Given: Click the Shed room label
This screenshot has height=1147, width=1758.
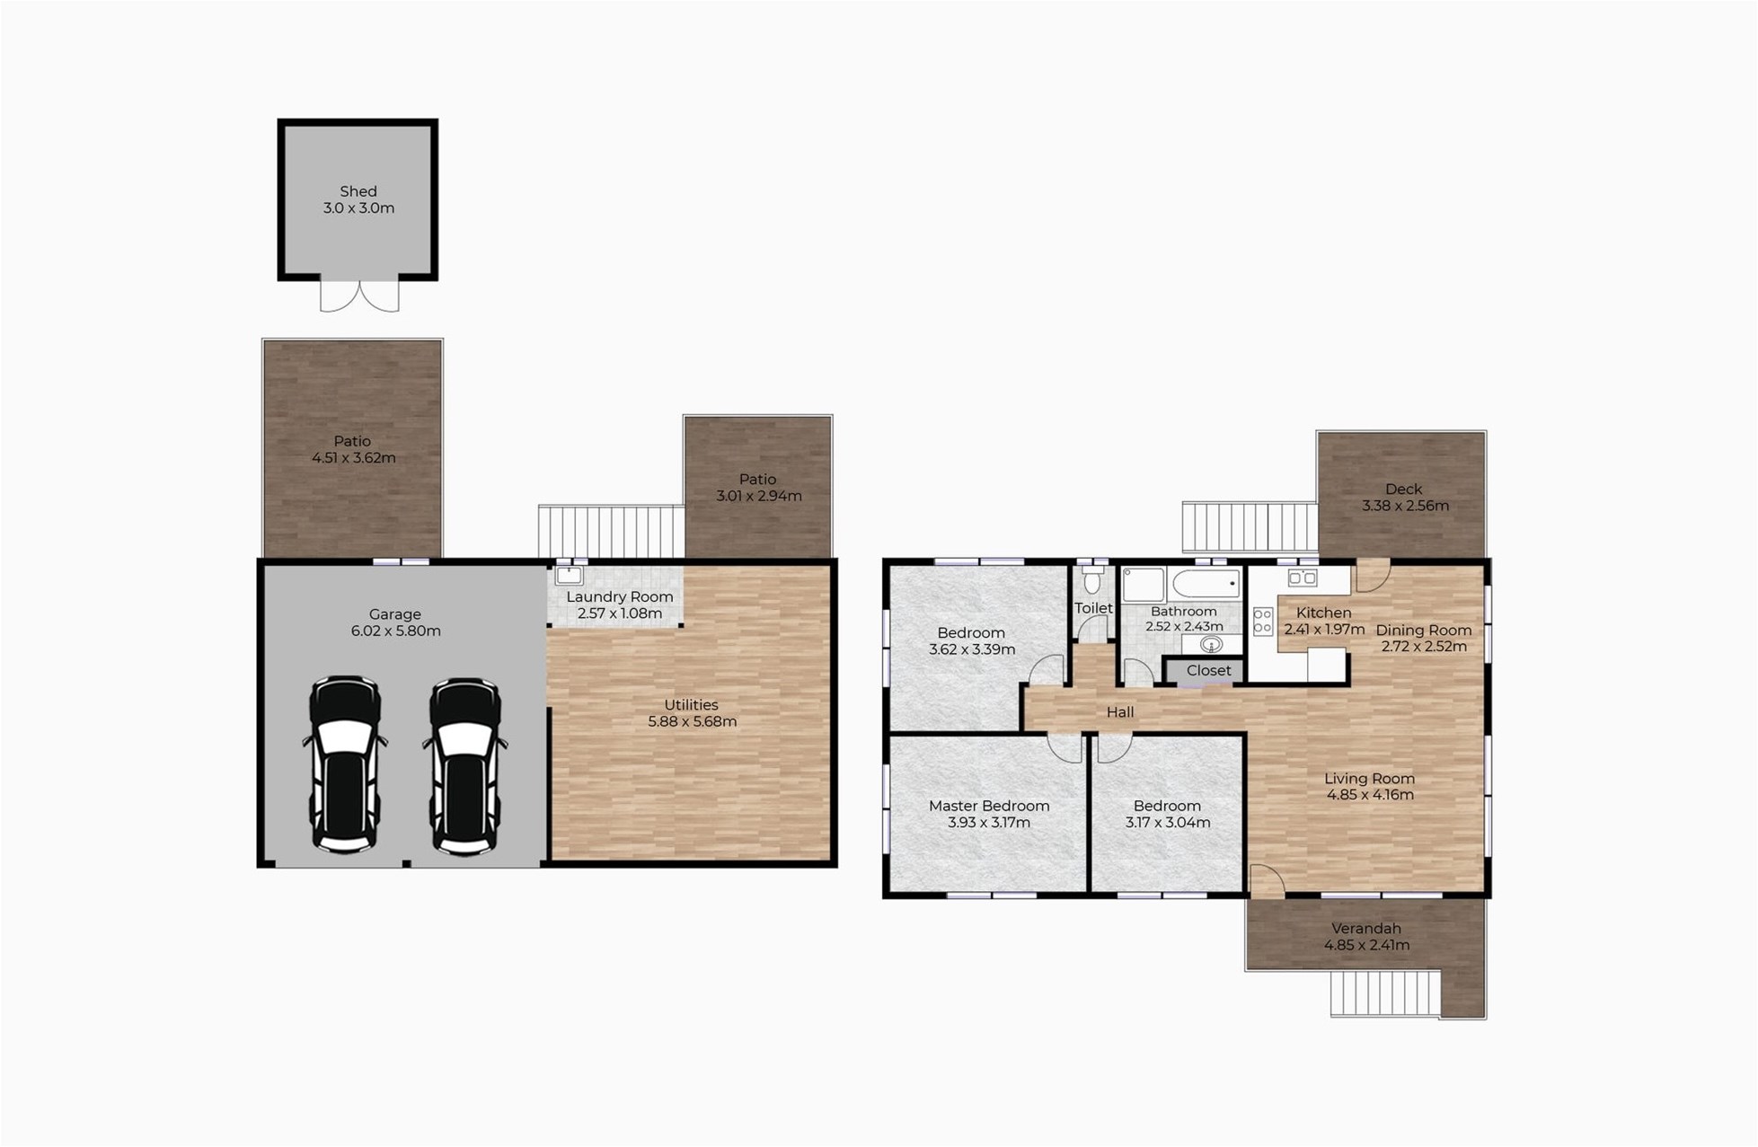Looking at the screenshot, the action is click(x=358, y=191).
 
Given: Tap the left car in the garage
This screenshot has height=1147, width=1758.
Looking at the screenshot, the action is click(x=346, y=764).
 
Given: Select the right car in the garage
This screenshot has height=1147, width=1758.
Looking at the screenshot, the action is click(x=465, y=765).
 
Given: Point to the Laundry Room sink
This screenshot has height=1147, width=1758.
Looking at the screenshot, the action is click(x=570, y=575).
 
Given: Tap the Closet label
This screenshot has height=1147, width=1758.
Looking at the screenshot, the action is click(x=1208, y=670).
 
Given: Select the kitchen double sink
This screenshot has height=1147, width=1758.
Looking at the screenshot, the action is click(x=1303, y=578).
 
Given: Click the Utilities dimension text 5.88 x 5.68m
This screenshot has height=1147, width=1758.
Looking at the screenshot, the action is click(x=692, y=721).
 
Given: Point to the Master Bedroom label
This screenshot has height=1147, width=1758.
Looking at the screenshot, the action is click(x=989, y=806).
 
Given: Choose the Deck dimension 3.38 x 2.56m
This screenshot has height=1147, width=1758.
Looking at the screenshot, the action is click(x=1405, y=506).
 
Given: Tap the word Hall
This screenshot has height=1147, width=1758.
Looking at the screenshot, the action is click(x=1120, y=712).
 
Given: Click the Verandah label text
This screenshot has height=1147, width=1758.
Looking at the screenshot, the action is click(x=1365, y=929).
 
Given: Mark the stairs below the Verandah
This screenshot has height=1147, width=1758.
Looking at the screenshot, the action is click(x=1385, y=993).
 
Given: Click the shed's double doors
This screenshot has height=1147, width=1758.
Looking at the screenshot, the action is click(x=359, y=296).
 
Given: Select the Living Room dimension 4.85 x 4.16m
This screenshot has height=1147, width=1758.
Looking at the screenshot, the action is click(x=1370, y=795).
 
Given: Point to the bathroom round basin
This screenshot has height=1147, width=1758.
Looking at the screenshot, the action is click(x=1211, y=644).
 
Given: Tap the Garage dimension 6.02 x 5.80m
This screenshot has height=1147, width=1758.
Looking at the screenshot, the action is click(x=395, y=631).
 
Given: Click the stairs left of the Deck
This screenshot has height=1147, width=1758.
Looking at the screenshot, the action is click(x=1250, y=527).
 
